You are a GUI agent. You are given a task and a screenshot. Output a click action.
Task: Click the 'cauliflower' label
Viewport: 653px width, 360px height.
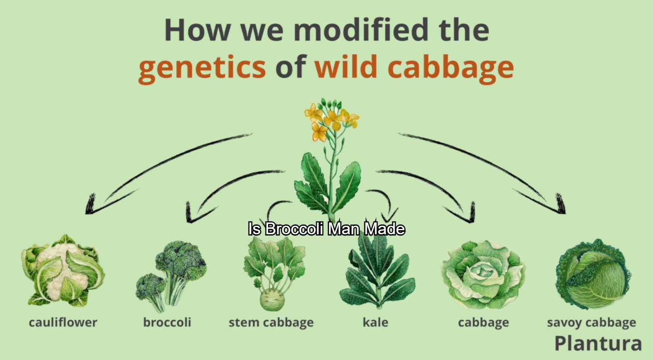[63, 322]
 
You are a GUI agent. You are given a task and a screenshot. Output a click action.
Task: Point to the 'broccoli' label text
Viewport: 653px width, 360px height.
[167, 322]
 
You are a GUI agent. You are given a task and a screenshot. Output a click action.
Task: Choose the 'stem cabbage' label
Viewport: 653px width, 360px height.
[271, 323]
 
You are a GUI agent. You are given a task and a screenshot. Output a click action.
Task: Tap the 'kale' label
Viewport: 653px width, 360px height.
[375, 322]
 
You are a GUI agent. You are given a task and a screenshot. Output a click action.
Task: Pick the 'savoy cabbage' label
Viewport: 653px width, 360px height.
[591, 323]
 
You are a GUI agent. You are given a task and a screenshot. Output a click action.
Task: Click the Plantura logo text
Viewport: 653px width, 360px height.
[598, 343]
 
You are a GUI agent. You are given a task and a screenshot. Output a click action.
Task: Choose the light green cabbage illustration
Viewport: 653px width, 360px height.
[483, 274]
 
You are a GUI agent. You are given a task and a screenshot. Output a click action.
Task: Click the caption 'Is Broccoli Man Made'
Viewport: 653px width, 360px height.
[326, 229]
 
